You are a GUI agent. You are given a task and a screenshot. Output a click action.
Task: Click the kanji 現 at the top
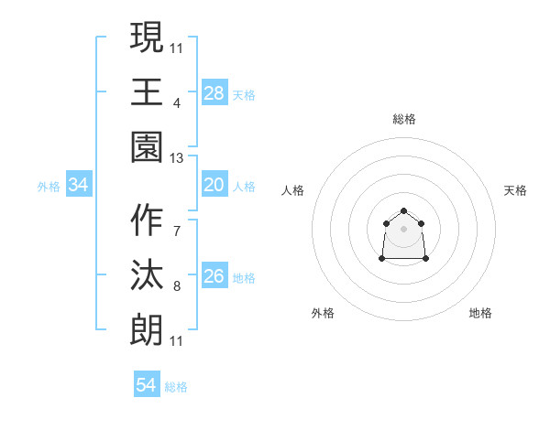coord(147,40)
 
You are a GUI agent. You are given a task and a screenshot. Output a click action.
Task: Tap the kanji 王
coord(147,91)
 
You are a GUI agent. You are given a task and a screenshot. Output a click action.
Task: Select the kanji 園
coord(147,144)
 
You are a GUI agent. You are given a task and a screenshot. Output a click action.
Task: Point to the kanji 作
coord(147,221)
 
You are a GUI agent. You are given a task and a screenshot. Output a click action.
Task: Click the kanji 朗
coord(147,327)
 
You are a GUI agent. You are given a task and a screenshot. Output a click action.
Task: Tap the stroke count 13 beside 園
coord(177,158)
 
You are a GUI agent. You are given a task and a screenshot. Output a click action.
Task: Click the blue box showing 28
coord(214,92)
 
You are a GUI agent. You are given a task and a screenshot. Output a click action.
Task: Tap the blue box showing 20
coord(214,186)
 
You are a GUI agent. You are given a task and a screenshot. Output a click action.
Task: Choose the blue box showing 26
coord(214,276)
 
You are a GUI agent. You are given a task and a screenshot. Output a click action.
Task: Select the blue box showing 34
coord(79,186)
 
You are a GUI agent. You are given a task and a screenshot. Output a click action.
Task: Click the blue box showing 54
coord(147,385)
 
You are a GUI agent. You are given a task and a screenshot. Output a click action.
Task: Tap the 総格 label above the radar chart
coord(404,119)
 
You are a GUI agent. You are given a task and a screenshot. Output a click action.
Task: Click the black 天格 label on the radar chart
coord(515,190)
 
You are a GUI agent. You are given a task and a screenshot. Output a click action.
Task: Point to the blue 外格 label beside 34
coord(49,187)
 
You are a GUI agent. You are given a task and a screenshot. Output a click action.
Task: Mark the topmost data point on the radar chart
coord(404,211)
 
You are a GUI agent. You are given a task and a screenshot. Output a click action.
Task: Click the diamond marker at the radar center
coord(404,229)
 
